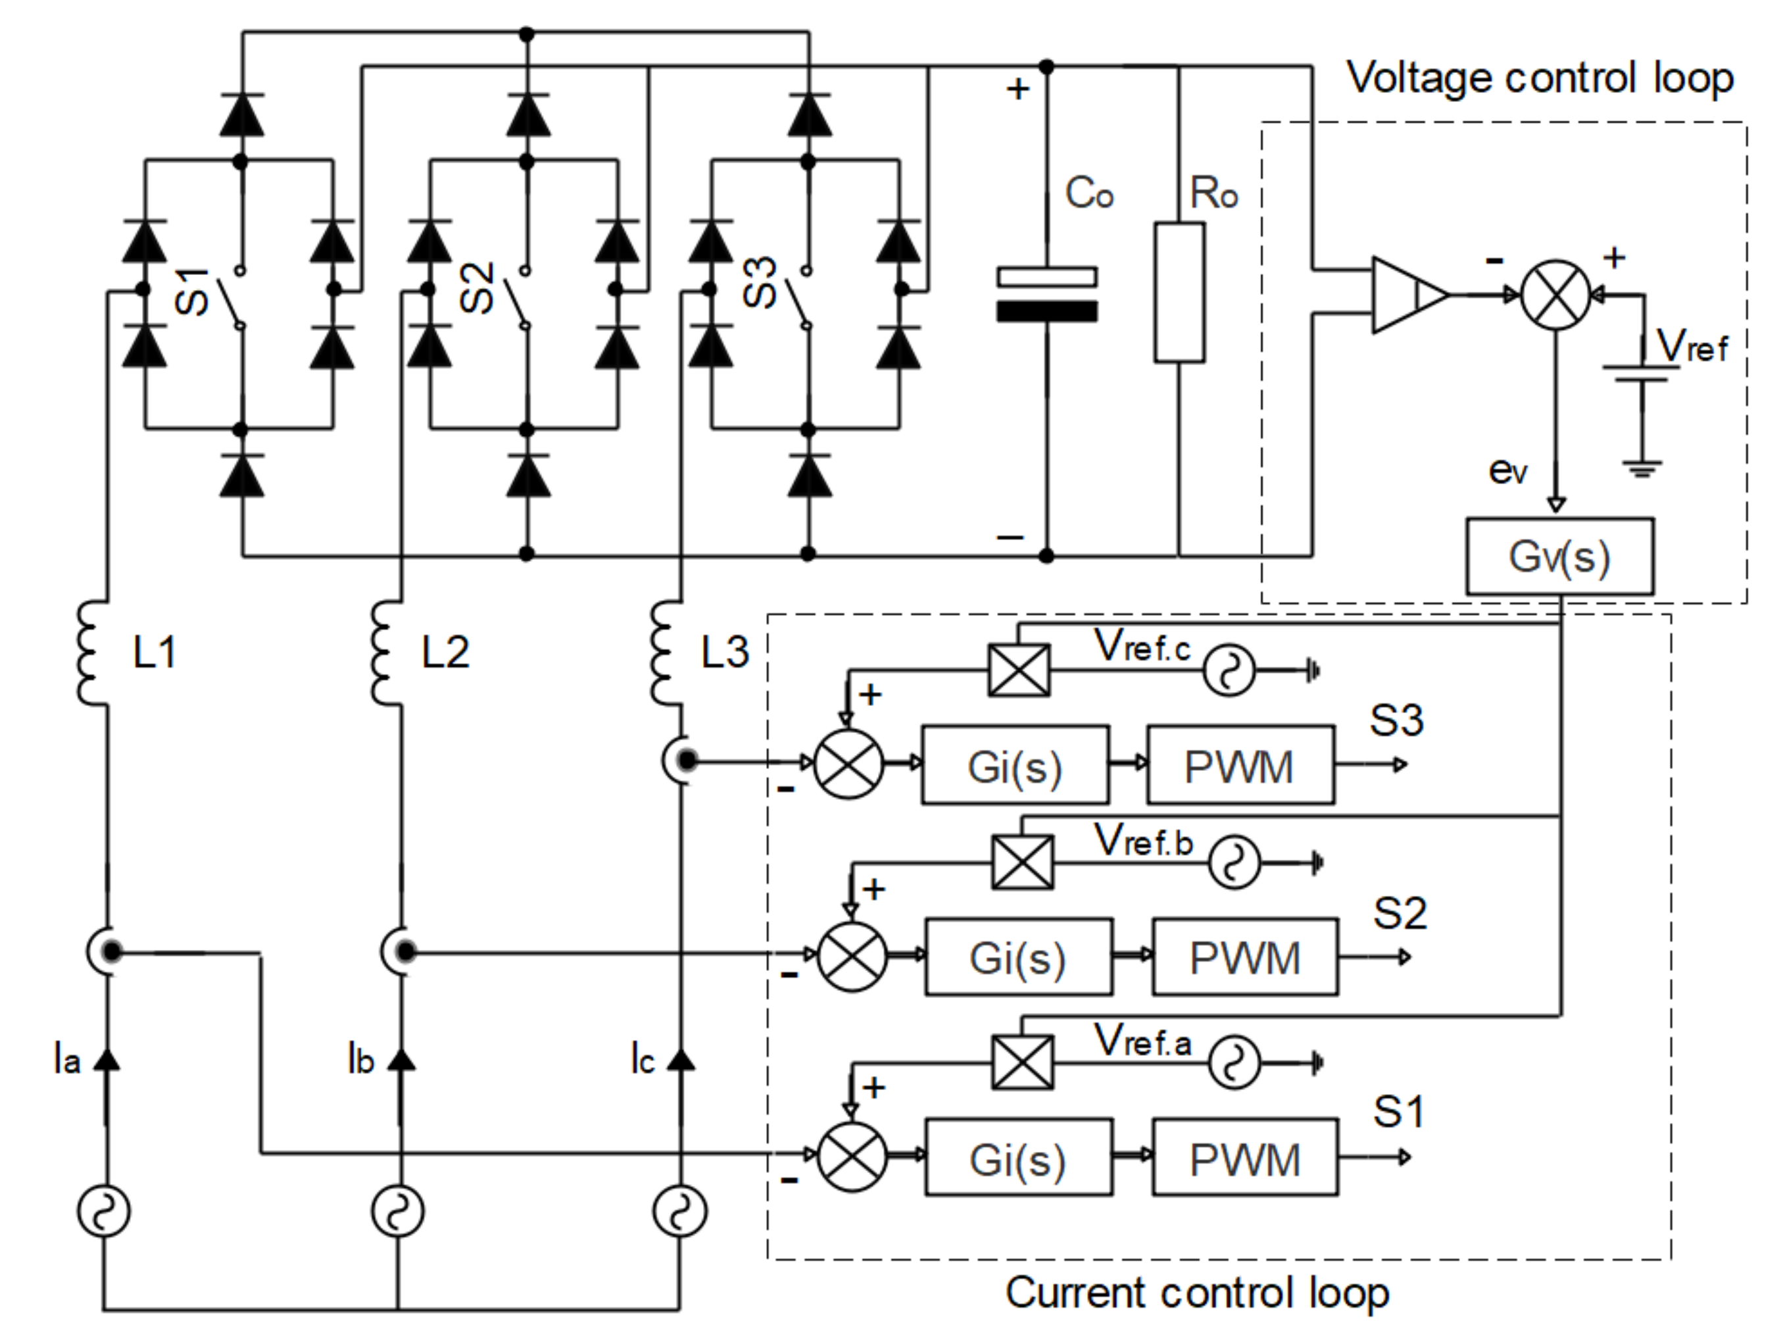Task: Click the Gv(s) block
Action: (1559, 556)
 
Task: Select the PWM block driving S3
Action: (1240, 765)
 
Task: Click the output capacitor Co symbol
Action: (1046, 295)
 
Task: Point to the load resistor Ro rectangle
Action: (1179, 293)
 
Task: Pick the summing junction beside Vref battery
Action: (1555, 295)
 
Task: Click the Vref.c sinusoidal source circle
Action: (1229, 670)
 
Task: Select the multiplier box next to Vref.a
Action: (1022, 1063)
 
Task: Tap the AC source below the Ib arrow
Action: (398, 1212)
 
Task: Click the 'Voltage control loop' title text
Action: (1540, 78)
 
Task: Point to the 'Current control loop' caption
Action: (1197, 1292)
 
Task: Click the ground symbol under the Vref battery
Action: (1642, 468)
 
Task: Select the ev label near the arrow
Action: (1507, 469)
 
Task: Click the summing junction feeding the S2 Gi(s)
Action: (852, 957)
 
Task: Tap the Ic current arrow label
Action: (643, 1060)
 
